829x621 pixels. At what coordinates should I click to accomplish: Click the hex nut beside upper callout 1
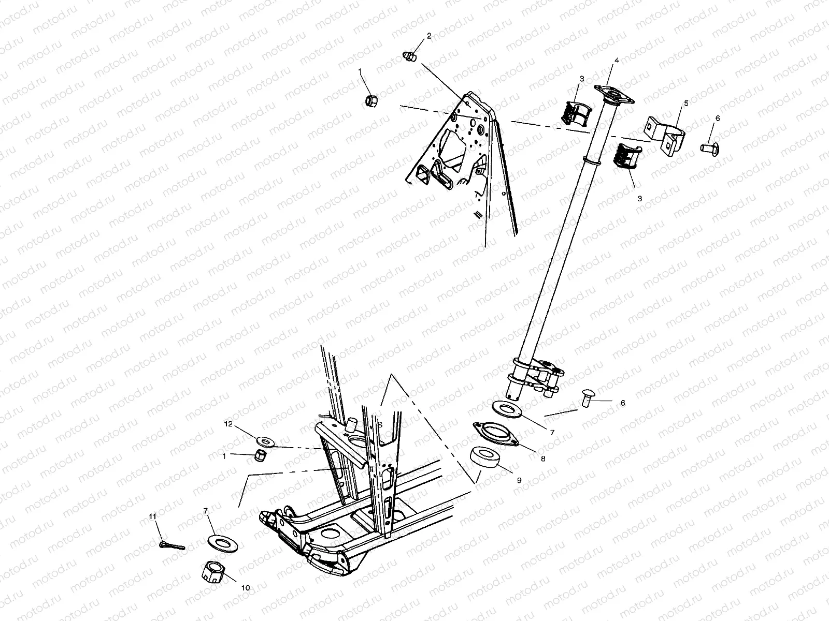click(371, 100)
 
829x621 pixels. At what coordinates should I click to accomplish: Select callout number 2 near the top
click(429, 36)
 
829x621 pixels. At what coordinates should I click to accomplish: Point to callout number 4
click(617, 61)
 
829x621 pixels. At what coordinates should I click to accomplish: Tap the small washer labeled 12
click(266, 441)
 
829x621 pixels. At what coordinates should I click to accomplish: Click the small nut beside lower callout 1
click(260, 456)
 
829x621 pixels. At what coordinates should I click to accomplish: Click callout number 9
click(519, 480)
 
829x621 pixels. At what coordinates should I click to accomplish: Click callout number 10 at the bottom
click(246, 588)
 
